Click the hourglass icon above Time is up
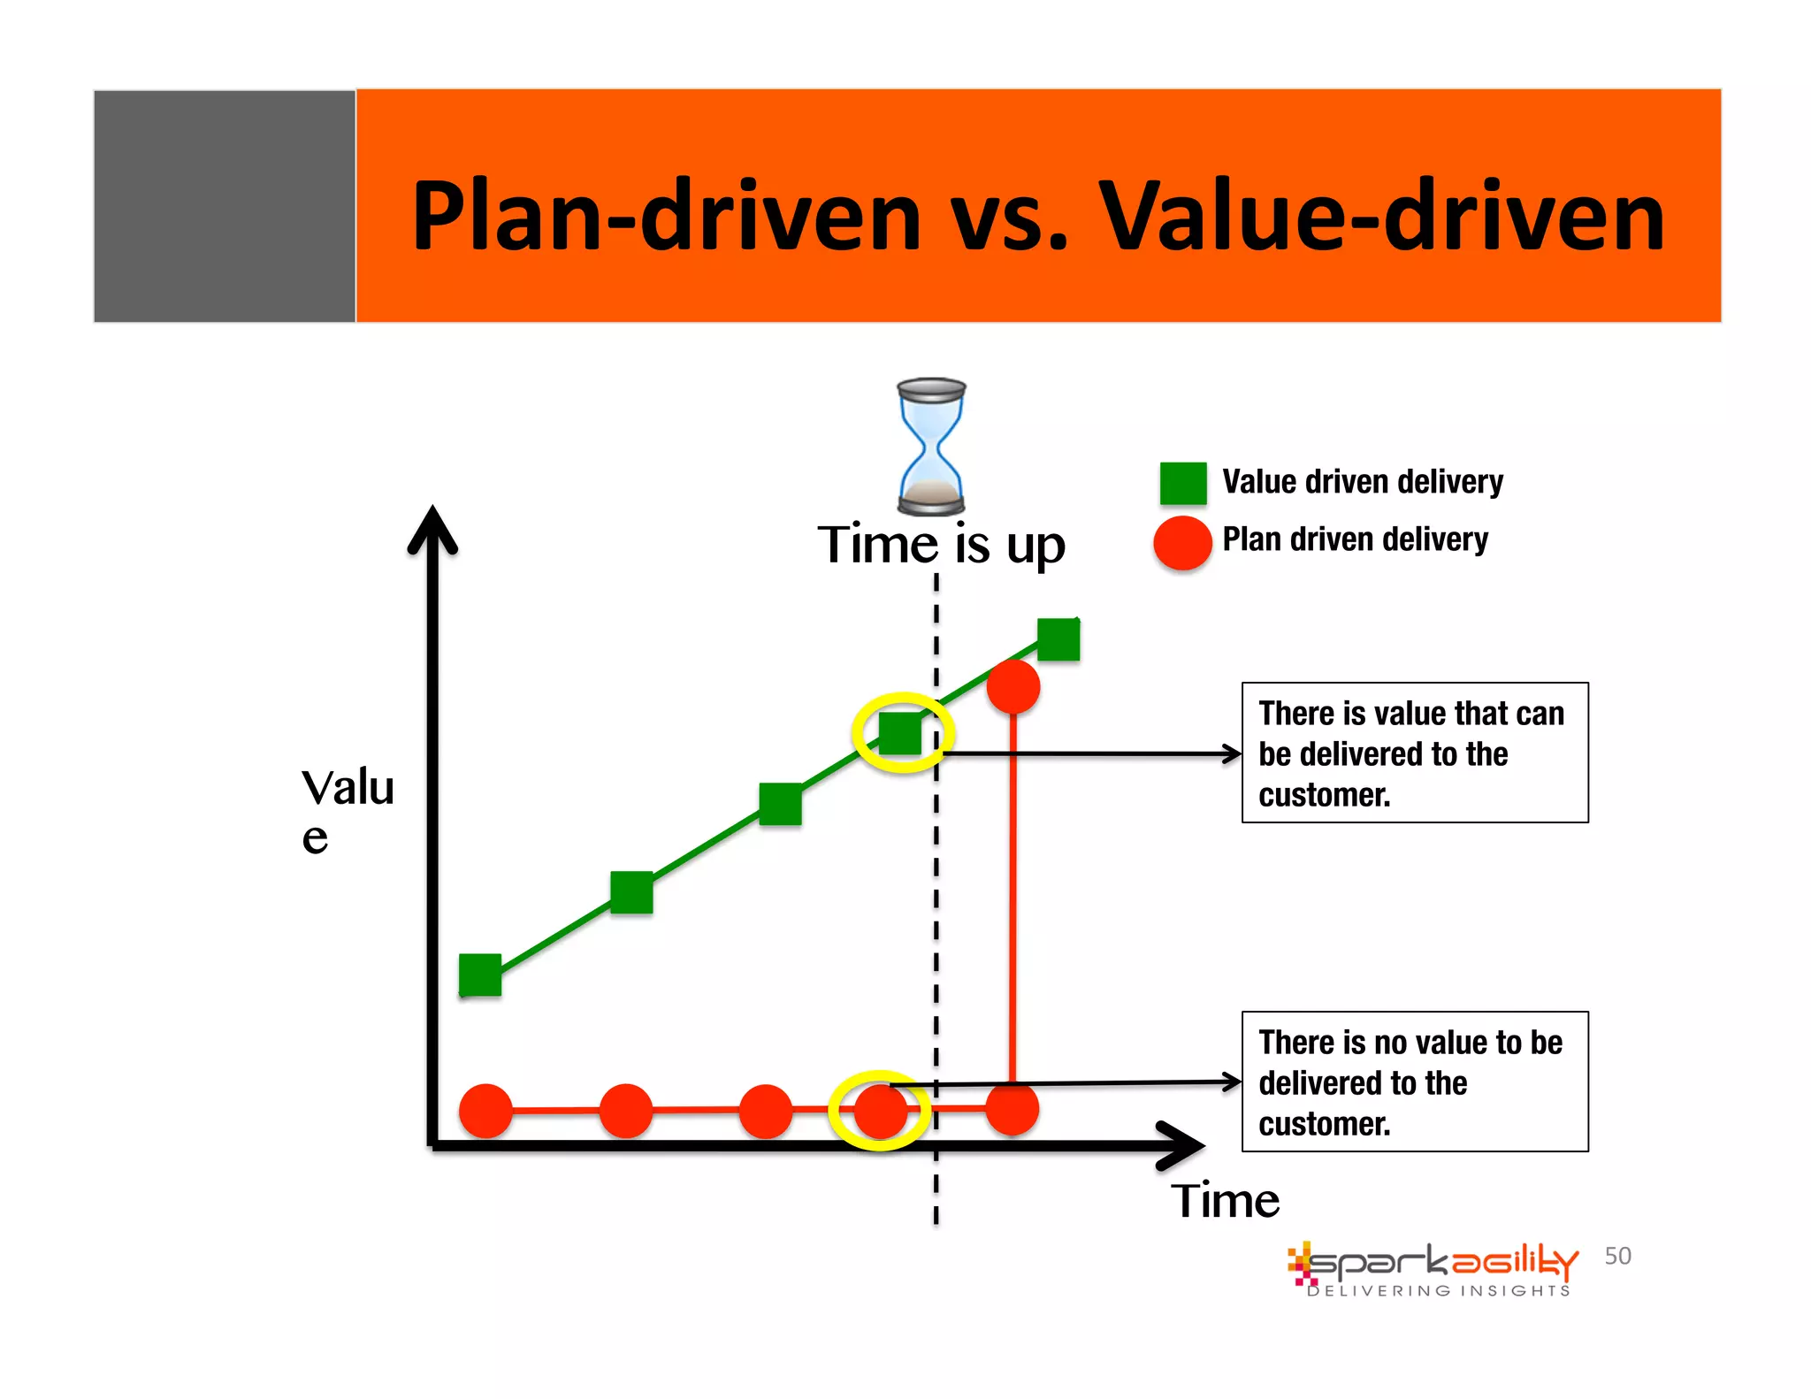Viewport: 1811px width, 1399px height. pyautogui.click(x=931, y=447)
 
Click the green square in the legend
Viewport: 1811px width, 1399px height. pyautogui.click(x=1182, y=484)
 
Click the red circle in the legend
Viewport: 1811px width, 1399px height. pyautogui.click(x=1182, y=542)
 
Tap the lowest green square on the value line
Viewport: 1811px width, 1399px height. pyautogui.click(x=480, y=975)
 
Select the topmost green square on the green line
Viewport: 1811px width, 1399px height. pyautogui.click(x=1058, y=639)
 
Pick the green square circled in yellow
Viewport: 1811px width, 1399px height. pyautogui.click(x=901, y=732)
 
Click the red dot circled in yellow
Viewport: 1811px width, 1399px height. pyautogui.click(x=881, y=1111)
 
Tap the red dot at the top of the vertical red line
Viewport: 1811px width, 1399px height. pyautogui.click(x=1012, y=686)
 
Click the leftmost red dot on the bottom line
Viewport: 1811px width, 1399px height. pyautogui.click(x=485, y=1111)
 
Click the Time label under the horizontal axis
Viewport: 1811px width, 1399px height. pyautogui.click(x=1225, y=1201)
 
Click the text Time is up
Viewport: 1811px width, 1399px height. pyautogui.click(x=941, y=545)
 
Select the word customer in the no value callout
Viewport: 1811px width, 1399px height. pyautogui.click(x=1324, y=1124)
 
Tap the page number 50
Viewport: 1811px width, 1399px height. pyautogui.click(x=1617, y=1256)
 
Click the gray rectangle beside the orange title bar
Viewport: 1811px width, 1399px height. pyautogui.click(x=225, y=206)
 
